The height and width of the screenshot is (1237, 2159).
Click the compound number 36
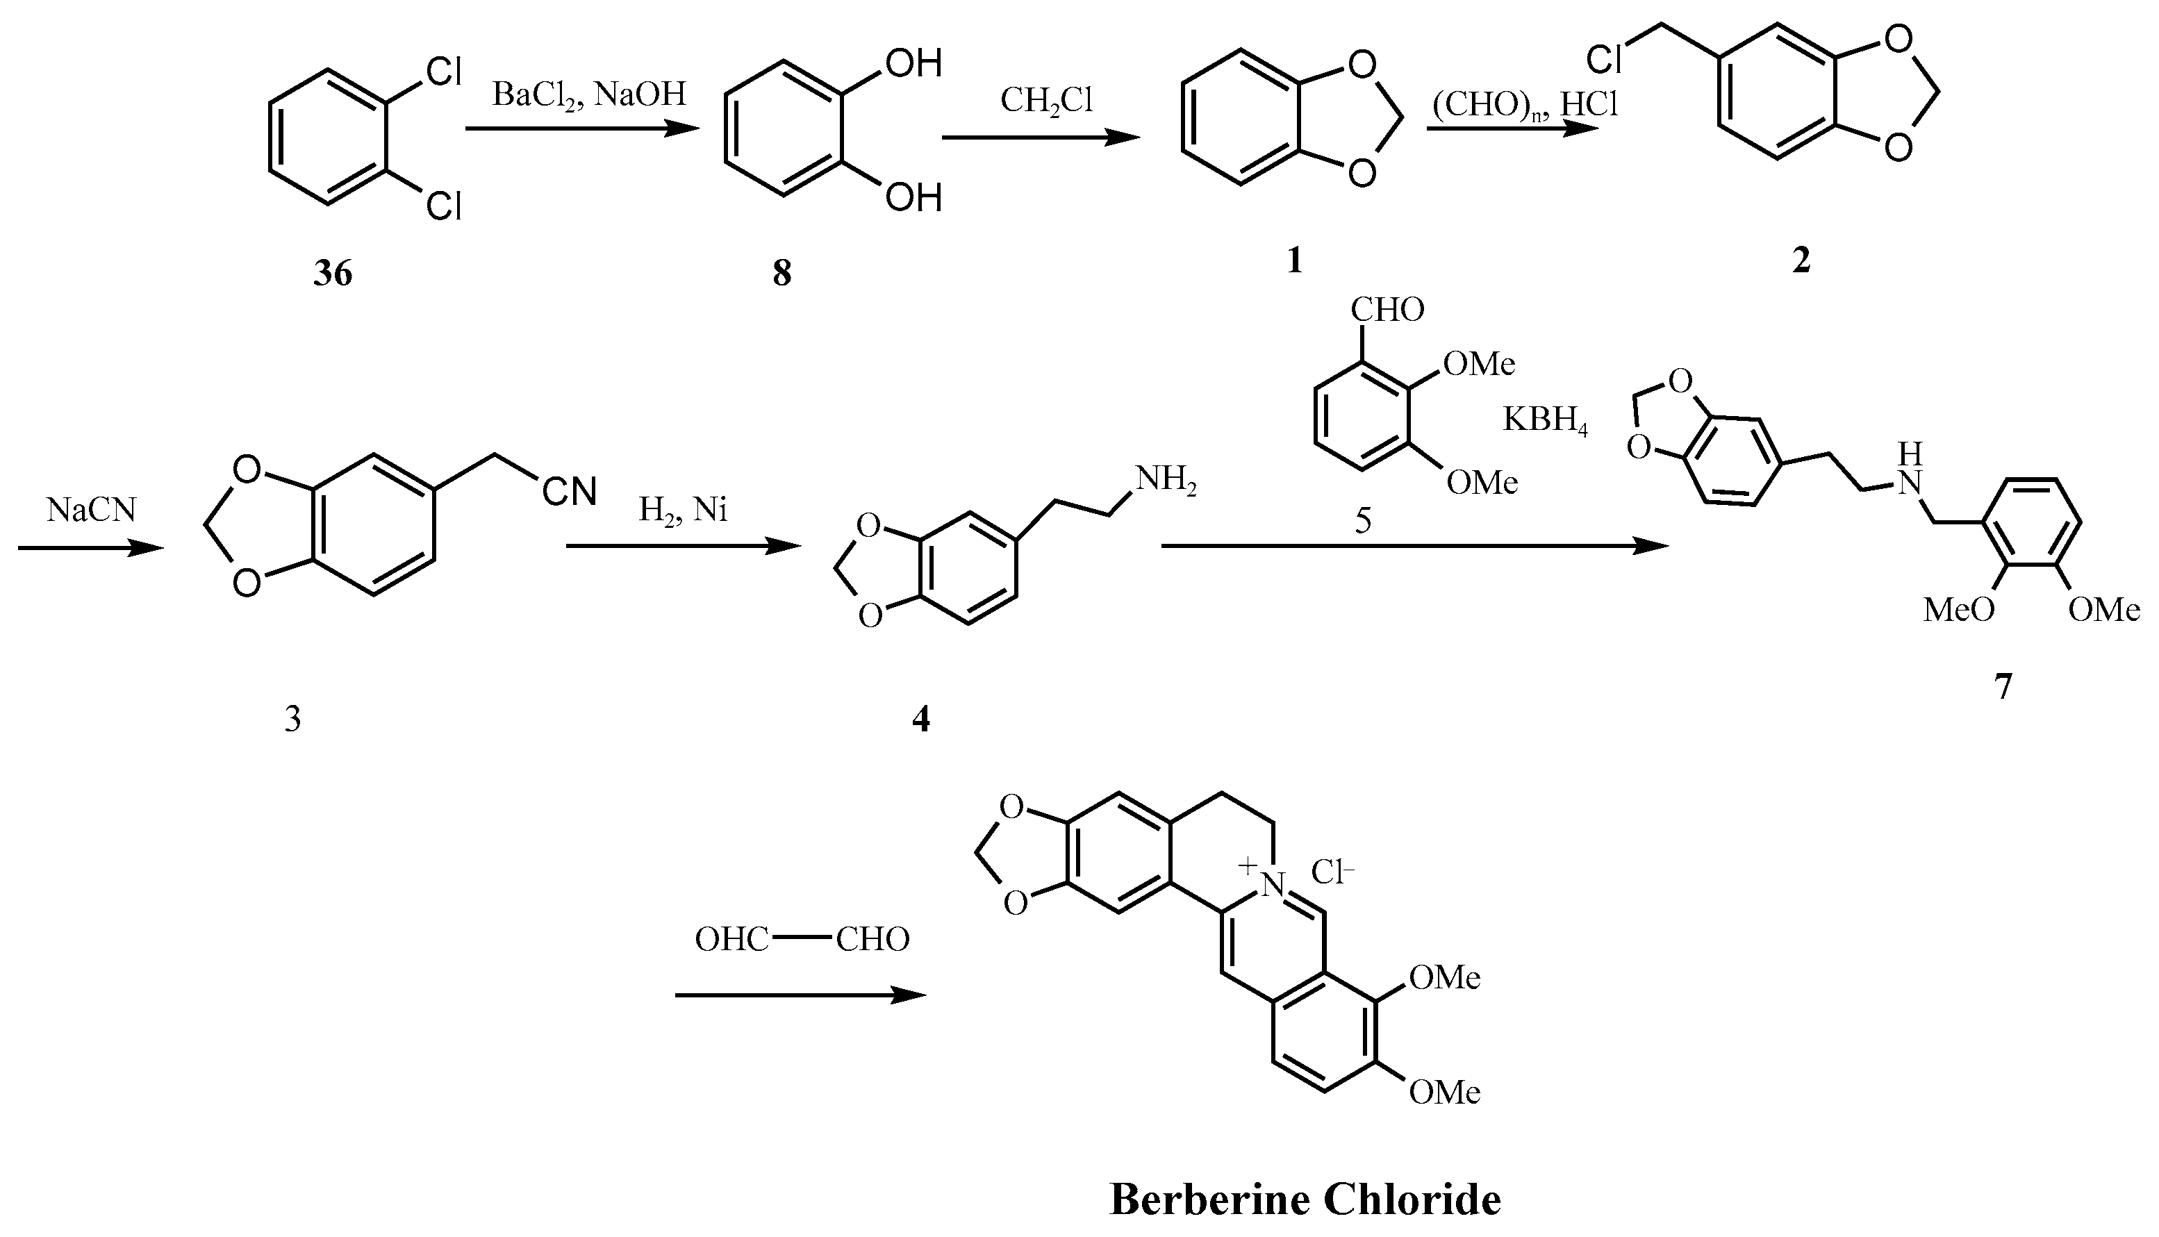click(332, 274)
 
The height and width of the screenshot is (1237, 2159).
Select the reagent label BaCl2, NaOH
click(589, 94)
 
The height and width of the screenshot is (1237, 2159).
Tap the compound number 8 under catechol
click(781, 274)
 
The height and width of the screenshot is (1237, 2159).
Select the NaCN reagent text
click(91, 510)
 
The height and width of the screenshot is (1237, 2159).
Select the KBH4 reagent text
click(1545, 420)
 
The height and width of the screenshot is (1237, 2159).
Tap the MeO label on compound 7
click(1958, 610)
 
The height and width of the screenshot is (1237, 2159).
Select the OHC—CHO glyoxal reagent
click(801, 940)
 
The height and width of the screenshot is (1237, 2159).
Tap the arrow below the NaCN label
click(91, 549)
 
